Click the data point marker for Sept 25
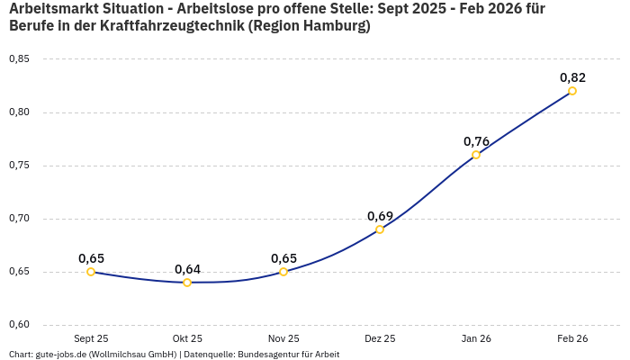[91, 272]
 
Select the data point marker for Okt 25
[187, 283]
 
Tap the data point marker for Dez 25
[380, 229]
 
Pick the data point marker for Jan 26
[476, 155]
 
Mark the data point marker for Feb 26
[572, 91]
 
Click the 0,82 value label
[572, 77]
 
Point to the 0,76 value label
[476, 141]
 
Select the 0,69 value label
[380, 216]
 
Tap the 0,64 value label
[187, 269]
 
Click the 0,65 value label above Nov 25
[283, 258]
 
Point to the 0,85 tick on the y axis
[19, 59]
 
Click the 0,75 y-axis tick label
[19, 166]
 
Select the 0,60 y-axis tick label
[19, 325]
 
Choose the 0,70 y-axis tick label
[19, 219]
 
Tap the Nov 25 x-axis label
[283, 338]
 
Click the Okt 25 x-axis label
[187, 338]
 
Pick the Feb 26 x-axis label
[572, 338]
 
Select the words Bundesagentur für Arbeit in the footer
[288, 355]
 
